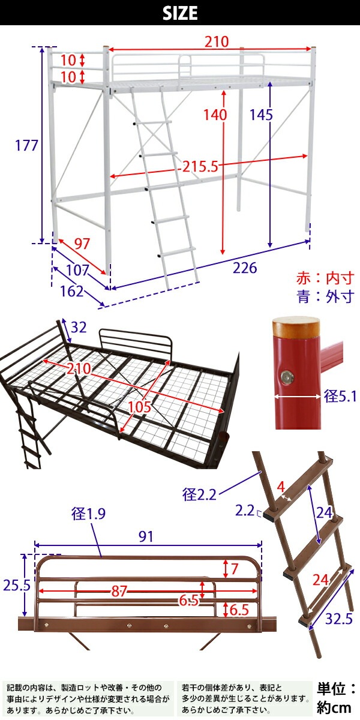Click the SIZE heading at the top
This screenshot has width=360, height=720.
[x=180, y=13]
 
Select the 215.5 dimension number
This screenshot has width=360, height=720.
[x=200, y=166]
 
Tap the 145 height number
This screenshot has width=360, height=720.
[x=262, y=114]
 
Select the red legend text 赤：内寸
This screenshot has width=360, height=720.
[x=325, y=278]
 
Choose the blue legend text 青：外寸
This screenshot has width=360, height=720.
[x=325, y=297]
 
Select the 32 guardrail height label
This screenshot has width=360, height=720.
[x=79, y=328]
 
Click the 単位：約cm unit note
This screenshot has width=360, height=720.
[x=337, y=698]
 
